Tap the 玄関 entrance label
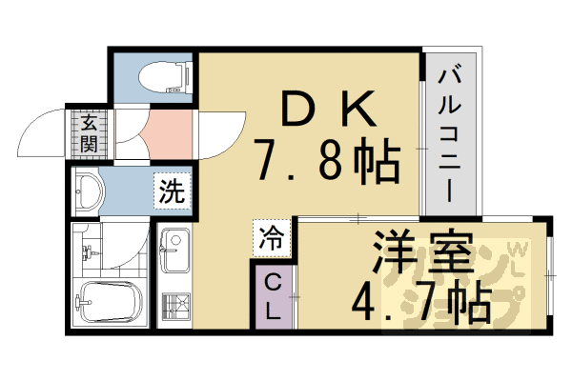point(88,133)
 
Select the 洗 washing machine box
point(172,190)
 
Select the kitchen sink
point(176,251)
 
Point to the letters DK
point(323,111)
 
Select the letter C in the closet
point(272,282)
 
